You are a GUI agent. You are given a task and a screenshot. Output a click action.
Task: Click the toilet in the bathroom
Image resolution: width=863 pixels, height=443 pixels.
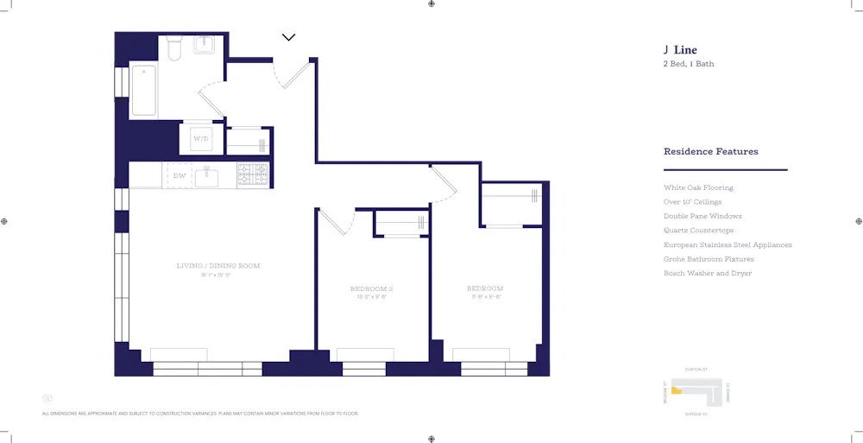(x=173, y=49)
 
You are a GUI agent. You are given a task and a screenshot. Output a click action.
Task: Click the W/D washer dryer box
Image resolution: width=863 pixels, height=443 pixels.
(x=200, y=138)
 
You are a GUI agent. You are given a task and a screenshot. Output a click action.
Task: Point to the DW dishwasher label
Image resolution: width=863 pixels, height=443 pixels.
(x=180, y=176)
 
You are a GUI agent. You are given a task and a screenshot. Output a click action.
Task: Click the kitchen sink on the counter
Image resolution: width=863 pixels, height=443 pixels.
(x=208, y=176)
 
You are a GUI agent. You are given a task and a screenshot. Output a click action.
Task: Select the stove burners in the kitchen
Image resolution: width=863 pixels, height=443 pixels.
(x=253, y=175)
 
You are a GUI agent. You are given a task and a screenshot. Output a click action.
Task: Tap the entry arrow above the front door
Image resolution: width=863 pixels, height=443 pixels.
(x=289, y=37)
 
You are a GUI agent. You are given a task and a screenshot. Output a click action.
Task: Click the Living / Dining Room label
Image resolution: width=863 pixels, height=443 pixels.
(x=218, y=266)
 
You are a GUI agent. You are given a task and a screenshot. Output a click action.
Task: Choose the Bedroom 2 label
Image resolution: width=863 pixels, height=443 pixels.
(x=372, y=288)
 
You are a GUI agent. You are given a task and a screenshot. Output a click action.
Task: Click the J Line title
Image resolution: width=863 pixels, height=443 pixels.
(x=680, y=50)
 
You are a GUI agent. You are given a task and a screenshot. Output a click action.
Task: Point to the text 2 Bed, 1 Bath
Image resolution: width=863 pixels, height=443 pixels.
(x=688, y=64)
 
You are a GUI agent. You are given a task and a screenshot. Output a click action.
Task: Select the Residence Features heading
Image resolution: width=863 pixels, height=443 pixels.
(x=710, y=151)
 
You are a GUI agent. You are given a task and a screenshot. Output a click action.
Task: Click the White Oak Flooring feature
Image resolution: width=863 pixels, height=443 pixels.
(x=698, y=187)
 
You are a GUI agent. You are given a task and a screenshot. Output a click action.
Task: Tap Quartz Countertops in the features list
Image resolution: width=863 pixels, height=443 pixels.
(x=698, y=231)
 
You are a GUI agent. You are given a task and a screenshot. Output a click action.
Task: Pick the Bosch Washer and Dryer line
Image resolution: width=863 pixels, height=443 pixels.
(x=707, y=273)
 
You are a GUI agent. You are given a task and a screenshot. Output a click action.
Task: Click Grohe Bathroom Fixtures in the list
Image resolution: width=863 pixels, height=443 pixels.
(x=709, y=259)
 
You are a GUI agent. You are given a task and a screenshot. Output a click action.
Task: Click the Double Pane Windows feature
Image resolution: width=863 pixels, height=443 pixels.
(x=702, y=216)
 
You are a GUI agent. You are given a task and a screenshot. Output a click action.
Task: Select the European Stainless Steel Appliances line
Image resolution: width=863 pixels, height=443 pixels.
(x=727, y=244)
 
